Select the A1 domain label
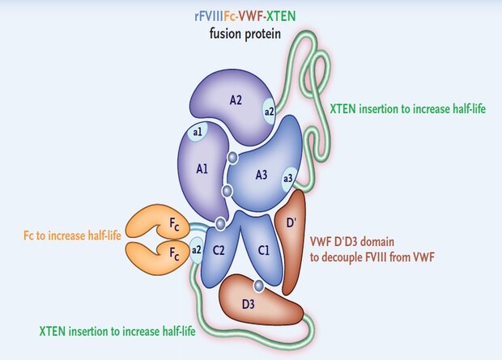[x=202, y=169]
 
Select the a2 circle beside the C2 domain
[x=197, y=248]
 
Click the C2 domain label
[x=219, y=250]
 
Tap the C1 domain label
[x=262, y=250]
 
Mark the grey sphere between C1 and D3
[x=258, y=285]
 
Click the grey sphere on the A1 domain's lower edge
[x=227, y=191]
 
